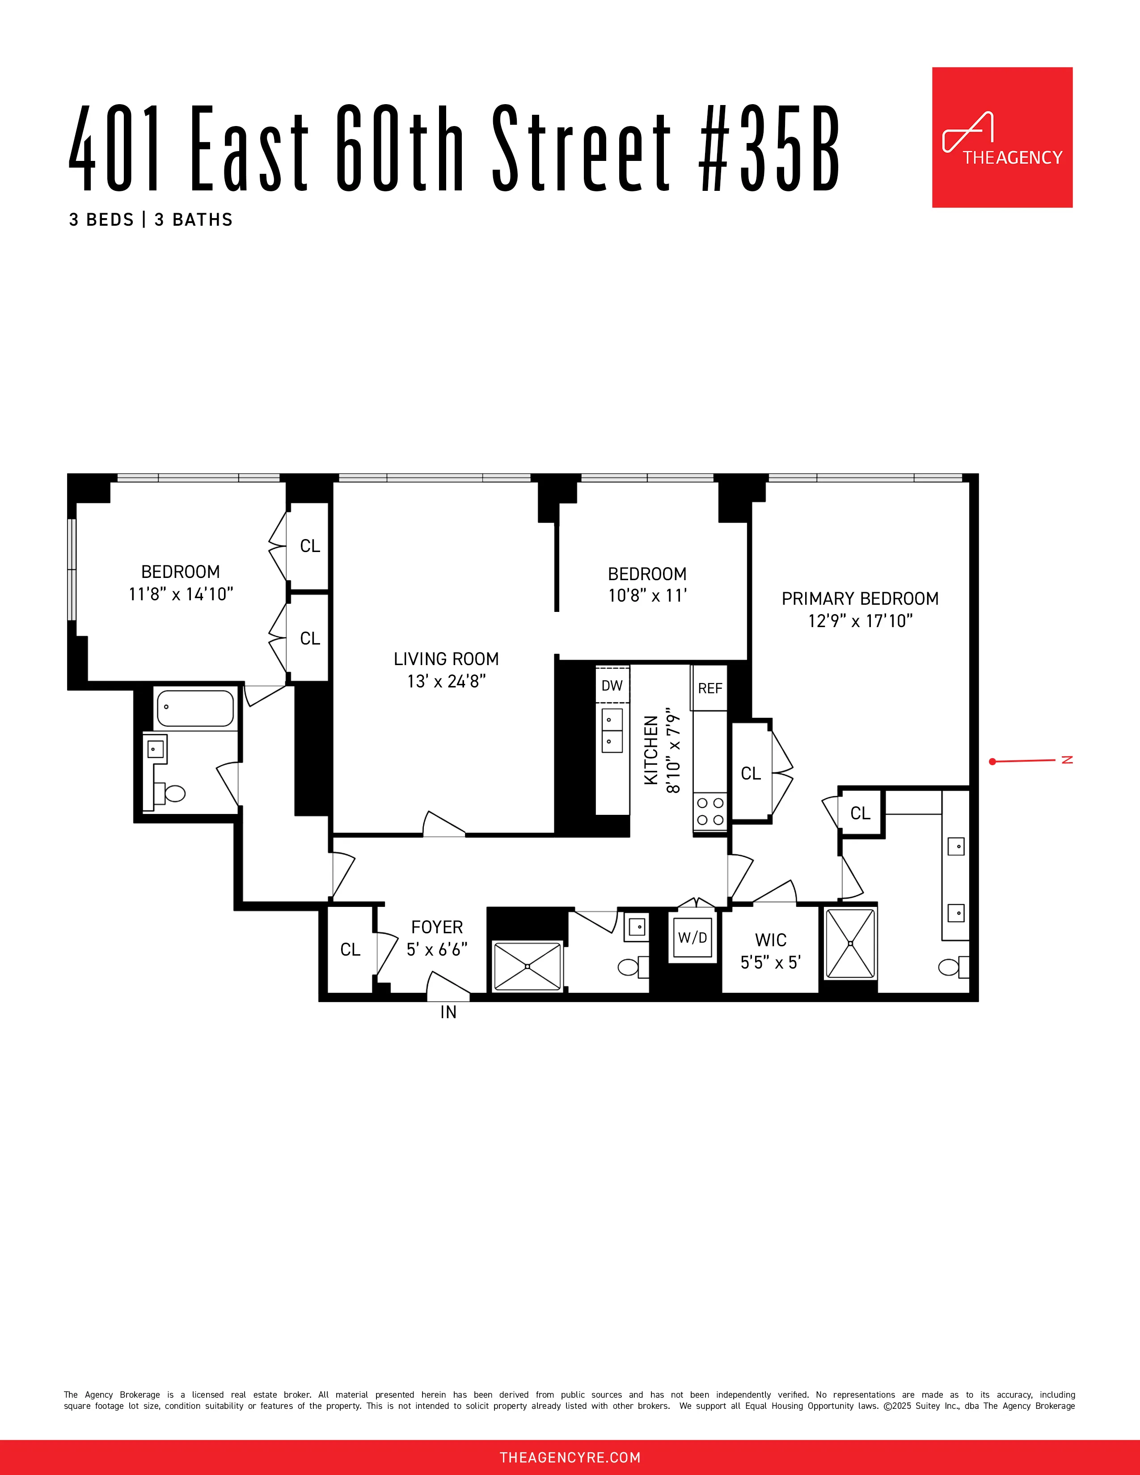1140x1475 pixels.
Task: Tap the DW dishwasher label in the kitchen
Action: (612, 686)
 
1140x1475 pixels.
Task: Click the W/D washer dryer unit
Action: (692, 937)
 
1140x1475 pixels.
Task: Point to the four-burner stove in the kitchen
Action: (710, 811)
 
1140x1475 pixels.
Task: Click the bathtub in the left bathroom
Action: (195, 708)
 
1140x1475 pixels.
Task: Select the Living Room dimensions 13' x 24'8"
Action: (447, 682)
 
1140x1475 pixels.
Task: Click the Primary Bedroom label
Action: (860, 598)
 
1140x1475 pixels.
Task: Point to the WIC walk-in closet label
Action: (771, 940)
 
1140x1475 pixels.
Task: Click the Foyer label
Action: (437, 927)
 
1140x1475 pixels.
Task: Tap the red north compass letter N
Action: (1067, 760)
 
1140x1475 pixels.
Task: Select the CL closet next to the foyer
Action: (350, 949)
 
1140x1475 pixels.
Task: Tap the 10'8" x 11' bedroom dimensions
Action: (647, 596)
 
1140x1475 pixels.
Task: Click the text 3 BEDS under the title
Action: (102, 220)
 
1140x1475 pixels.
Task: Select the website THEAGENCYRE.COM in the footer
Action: (570, 1458)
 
